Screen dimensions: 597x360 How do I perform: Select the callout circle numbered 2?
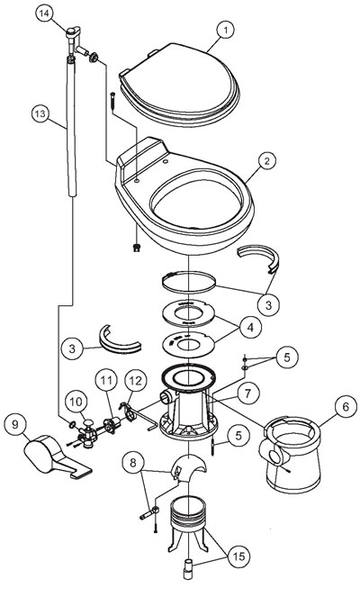click(265, 162)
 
